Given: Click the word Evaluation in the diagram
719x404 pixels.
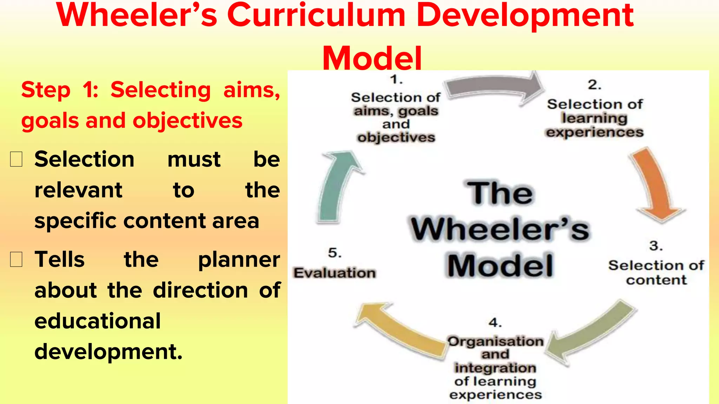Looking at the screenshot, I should (x=335, y=273).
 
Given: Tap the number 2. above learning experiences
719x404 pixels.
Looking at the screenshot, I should (x=595, y=85).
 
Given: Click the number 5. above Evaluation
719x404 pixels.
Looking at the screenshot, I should (x=335, y=253).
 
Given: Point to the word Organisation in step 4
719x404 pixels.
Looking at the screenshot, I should (x=495, y=341).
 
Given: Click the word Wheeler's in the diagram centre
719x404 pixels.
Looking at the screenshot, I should (x=500, y=230).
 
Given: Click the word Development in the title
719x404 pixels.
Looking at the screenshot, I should (x=525, y=16).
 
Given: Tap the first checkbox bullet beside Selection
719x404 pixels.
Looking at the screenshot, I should (x=16, y=160).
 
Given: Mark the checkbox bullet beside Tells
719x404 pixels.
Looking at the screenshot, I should (x=16, y=260).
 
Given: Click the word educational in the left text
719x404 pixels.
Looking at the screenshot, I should (x=98, y=321).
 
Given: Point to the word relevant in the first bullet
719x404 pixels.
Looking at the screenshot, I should (x=78, y=190).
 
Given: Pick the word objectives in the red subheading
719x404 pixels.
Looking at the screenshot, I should (x=187, y=121).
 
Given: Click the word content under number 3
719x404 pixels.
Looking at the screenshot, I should (x=656, y=280).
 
